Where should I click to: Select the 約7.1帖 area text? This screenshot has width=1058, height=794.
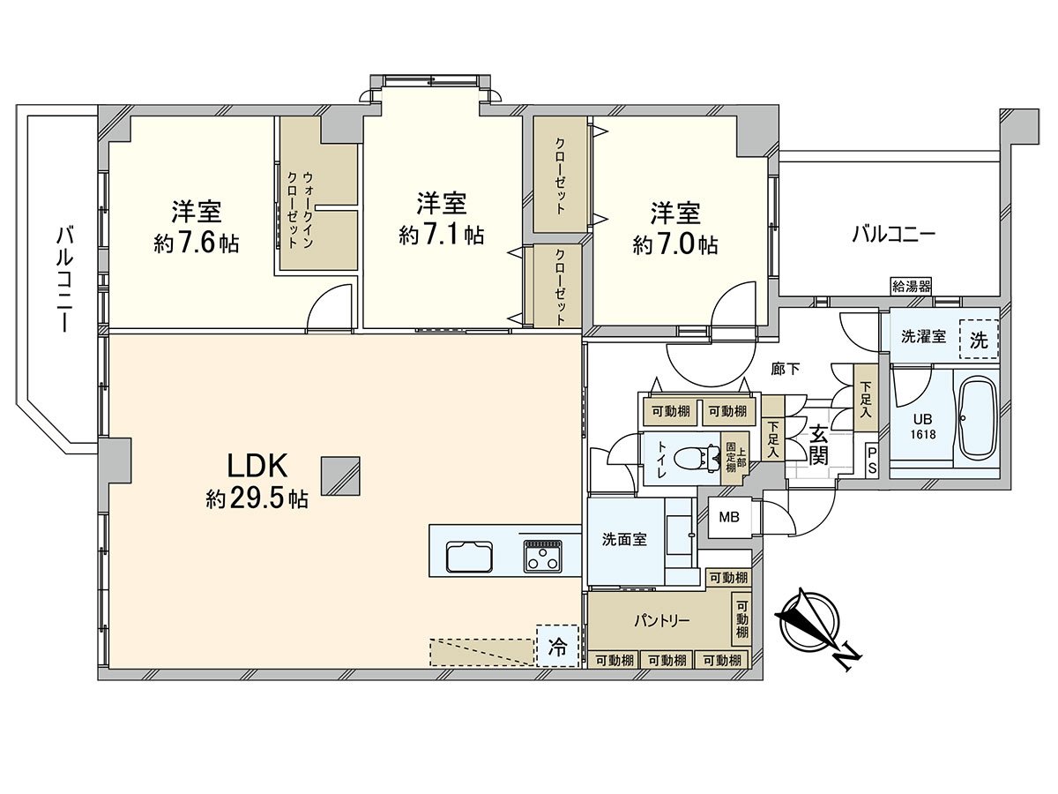[x=441, y=236]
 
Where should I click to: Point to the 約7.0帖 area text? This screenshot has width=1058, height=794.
[x=675, y=244]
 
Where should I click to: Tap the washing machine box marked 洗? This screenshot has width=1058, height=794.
[x=979, y=341]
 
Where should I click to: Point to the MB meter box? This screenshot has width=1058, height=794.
[x=729, y=517]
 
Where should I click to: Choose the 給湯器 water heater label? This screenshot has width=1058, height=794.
[x=911, y=286]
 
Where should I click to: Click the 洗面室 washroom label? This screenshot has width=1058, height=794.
[x=624, y=540]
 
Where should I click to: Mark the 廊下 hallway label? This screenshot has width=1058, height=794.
[x=785, y=370]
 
